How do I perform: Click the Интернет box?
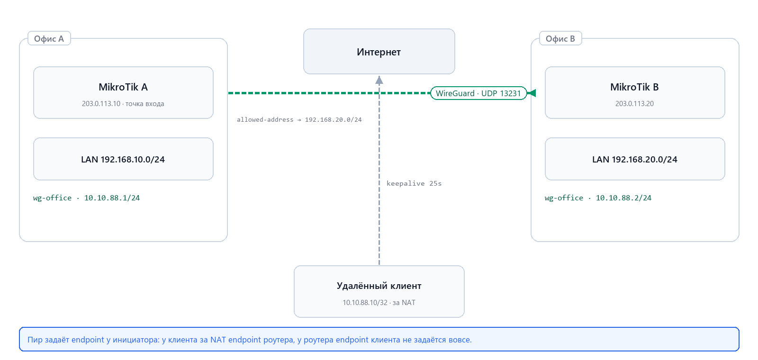(379, 52)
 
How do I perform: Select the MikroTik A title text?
(123, 87)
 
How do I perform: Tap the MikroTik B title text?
(634, 87)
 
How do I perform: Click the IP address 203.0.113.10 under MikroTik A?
(101, 104)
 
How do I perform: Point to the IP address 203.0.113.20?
(634, 104)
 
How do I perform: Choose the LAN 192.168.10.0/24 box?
(123, 159)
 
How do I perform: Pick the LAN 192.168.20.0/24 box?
(635, 159)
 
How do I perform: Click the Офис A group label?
(49, 38)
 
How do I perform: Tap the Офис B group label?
(560, 38)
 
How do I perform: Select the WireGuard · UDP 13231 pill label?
(478, 93)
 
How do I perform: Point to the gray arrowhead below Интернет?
(379, 80)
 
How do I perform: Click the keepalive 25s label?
(414, 183)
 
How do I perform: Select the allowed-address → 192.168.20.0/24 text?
(299, 119)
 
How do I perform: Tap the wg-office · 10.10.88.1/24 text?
(86, 198)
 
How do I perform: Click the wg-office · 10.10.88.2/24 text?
(598, 198)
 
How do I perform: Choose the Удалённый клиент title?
(379, 286)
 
